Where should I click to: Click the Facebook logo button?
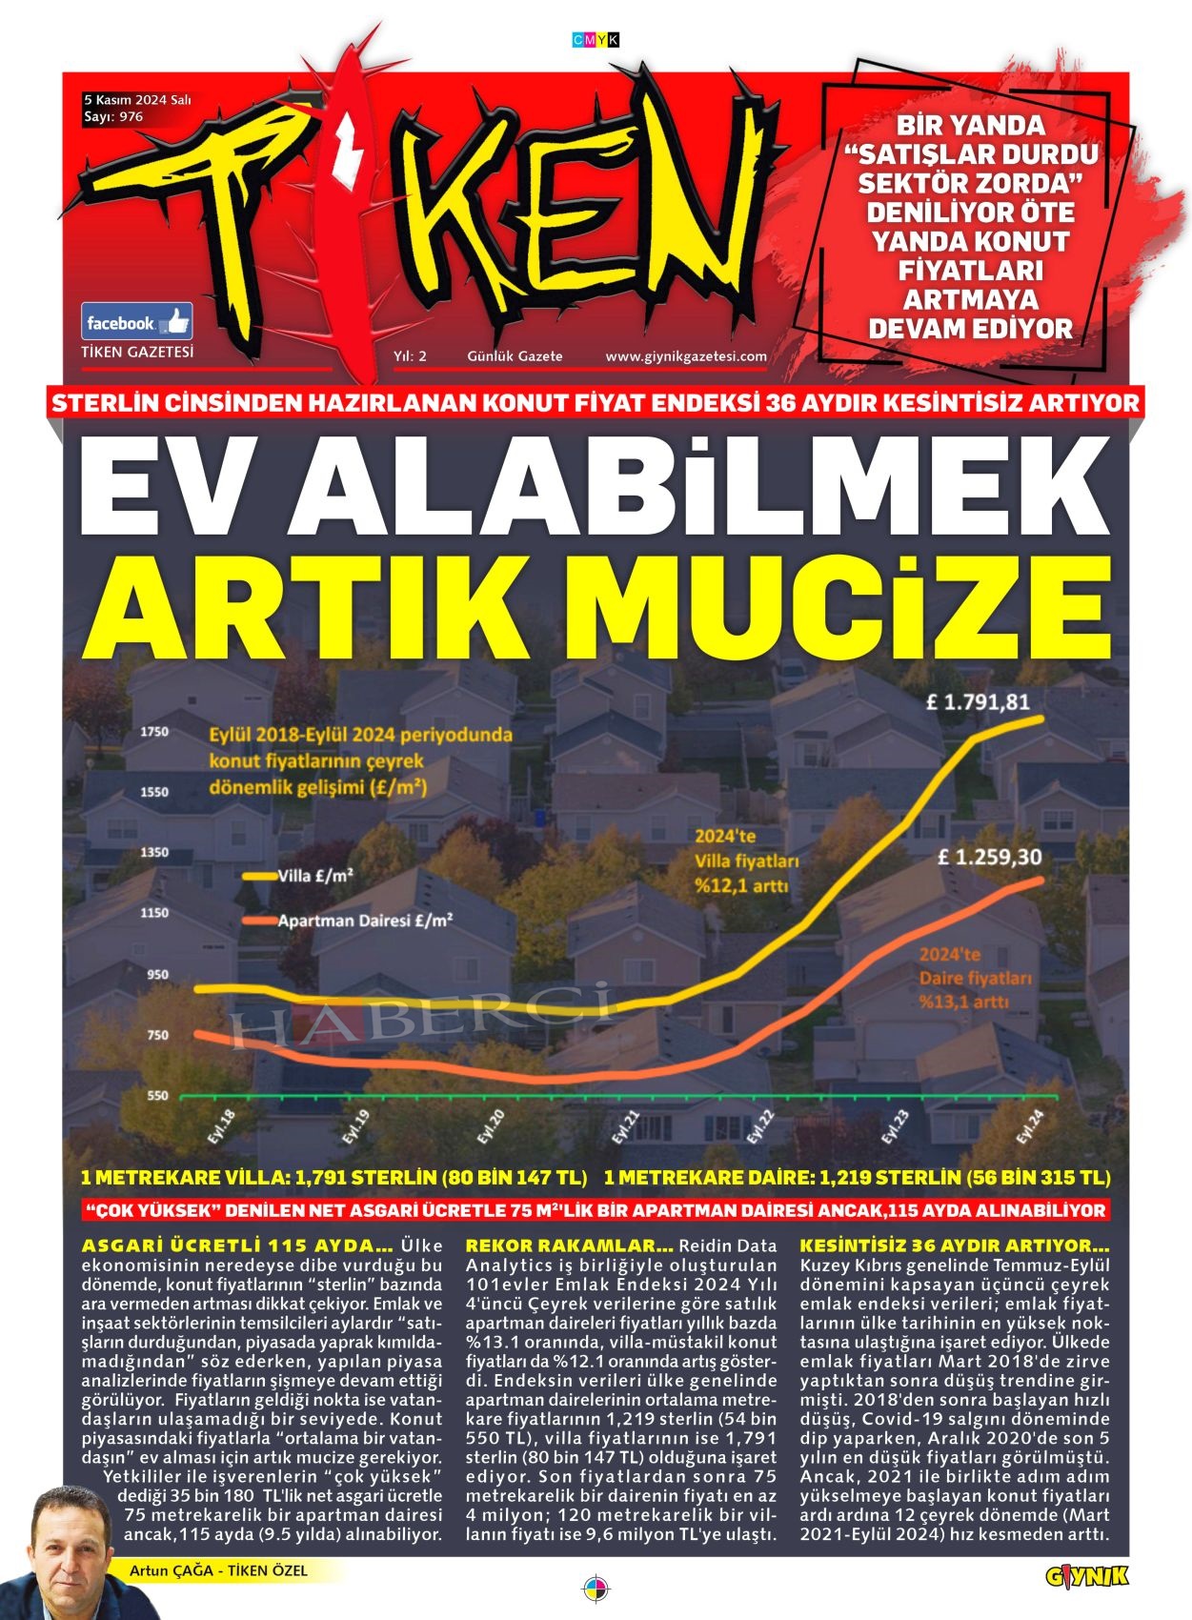pyautogui.click(x=136, y=322)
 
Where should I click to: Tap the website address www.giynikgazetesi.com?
pyautogui.click(x=686, y=356)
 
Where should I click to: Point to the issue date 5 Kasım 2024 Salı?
pyautogui.click(x=138, y=99)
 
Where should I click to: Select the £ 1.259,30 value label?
pyautogui.click(x=989, y=857)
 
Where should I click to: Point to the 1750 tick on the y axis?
pyautogui.click(x=154, y=732)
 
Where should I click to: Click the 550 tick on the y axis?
pyautogui.click(x=157, y=1096)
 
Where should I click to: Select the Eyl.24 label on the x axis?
pyautogui.click(x=1030, y=1127)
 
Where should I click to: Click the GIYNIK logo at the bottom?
pyautogui.click(x=1086, y=1577)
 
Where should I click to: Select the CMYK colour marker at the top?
pyautogui.click(x=596, y=40)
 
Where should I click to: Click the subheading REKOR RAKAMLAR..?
pyautogui.click(x=569, y=1245)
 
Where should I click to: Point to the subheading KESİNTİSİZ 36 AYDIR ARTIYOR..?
pyautogui.click(x=954, y=1245)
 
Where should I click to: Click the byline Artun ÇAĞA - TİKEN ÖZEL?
pyautogui.click(x=219, y=1570)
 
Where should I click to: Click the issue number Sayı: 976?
pyautogui.click(x=113, y=116)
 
